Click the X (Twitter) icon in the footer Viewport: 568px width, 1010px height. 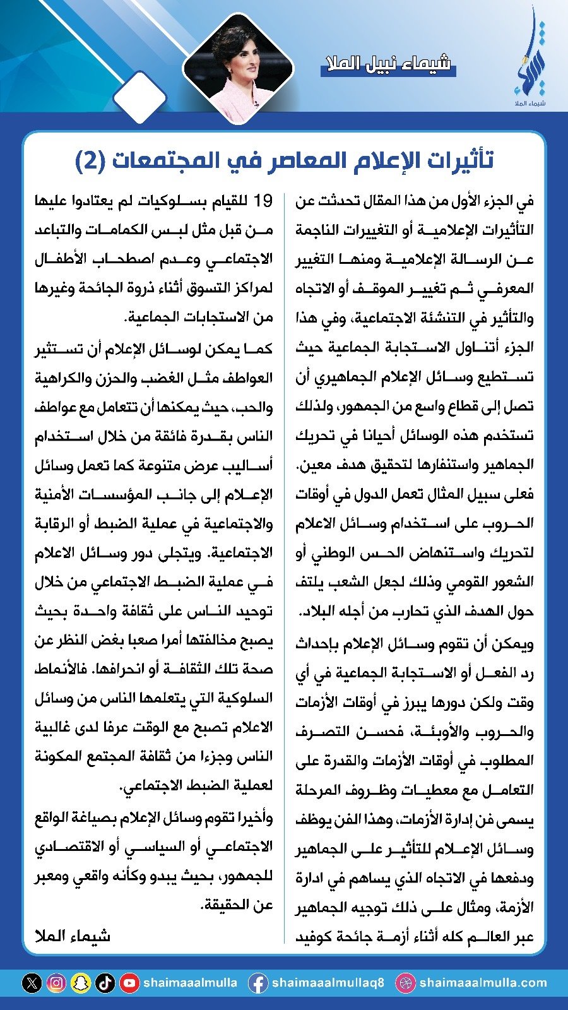[x=32, y=983]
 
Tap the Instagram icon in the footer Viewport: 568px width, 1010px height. [x=56, y=983]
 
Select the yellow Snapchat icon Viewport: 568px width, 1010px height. [x=81, y=983]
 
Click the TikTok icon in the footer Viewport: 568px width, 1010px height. [x=105, y=983]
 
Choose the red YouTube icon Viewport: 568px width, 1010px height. [x=129, y=983]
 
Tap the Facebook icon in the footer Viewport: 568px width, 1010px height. [x=257, y=983]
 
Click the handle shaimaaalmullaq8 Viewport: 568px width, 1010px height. [x=328, y=983]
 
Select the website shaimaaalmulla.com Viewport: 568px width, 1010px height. [x=483, y=983]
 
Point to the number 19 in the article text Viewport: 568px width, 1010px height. [x=263, y=201]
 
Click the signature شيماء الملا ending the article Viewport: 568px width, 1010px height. [x=73, y=936]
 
